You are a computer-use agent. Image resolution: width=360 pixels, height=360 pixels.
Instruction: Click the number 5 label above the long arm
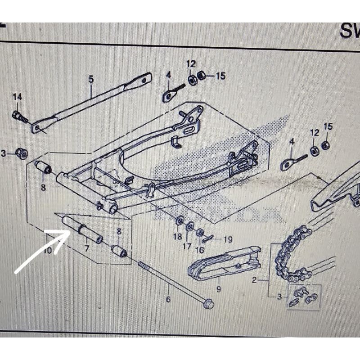91,79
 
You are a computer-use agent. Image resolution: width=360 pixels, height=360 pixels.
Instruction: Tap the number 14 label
17,97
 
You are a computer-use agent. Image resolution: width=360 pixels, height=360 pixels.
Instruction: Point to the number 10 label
48,251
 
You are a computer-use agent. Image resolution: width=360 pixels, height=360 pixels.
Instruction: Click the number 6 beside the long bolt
168,299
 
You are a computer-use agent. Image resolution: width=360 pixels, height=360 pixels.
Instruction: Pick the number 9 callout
218,290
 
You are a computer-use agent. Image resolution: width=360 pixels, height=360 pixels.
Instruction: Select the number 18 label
177,237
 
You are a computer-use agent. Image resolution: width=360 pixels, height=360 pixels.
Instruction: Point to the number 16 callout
200,250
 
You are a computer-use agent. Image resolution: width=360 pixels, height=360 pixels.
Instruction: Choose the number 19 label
227,239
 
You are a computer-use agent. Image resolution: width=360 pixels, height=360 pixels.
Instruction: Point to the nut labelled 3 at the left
20,154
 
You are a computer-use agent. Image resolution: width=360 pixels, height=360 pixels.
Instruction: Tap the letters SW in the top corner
349,31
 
